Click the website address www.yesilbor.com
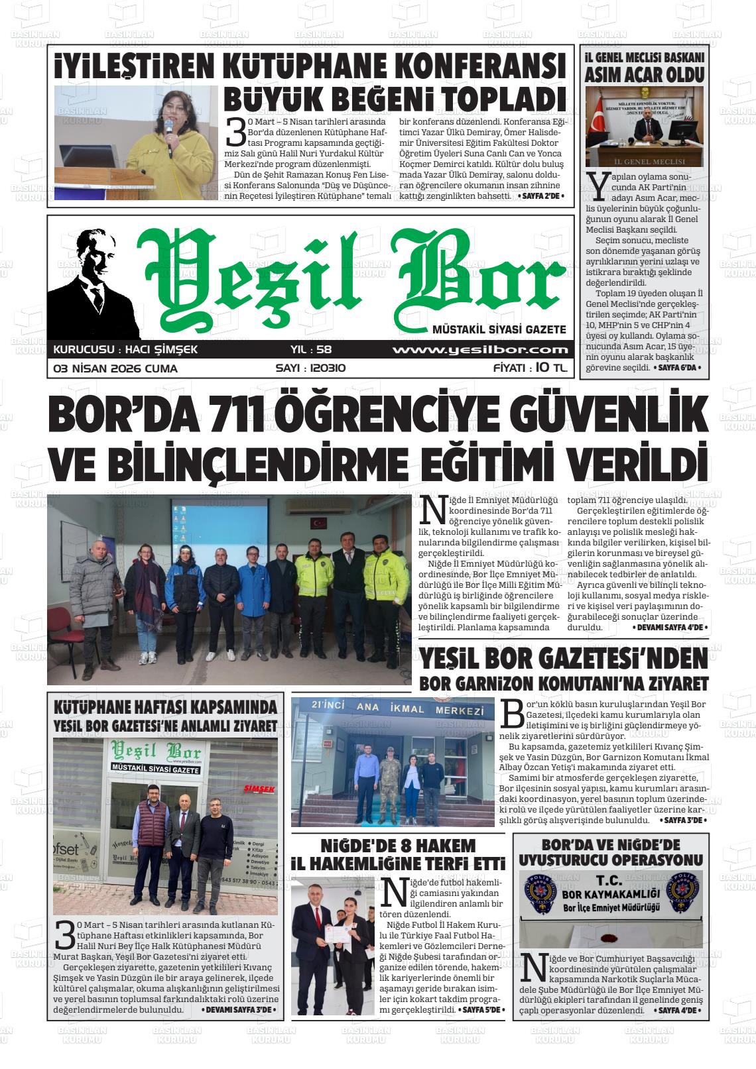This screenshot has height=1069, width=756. (480, 350)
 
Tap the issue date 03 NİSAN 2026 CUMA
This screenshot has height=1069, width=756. (115, 368)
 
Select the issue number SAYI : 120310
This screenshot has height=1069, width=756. (310, 368)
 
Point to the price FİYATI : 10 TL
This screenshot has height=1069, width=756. (531, 368)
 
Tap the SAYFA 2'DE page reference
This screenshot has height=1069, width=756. (541, 196)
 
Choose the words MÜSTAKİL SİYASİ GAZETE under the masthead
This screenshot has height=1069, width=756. (499, 329)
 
